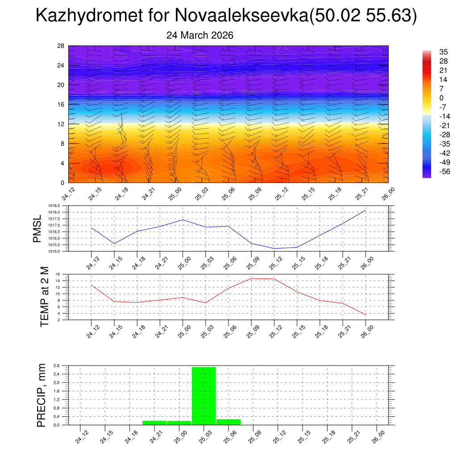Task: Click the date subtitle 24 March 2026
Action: coord(199,35)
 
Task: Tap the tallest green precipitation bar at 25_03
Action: coord(204,395)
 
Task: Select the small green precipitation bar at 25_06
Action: coord(228,422)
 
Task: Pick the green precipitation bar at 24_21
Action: coord(154,422)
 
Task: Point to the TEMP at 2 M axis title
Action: coord(44,297)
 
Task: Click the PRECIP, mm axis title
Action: coord(41,395)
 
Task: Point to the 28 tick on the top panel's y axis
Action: coord(61,46)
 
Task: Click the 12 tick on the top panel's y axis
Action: coord(61,124)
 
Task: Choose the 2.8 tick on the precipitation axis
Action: coord(57,366)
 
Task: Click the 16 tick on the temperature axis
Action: coord(58,274)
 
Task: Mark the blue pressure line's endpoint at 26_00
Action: coord(366,210)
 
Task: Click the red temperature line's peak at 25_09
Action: coord(251,278)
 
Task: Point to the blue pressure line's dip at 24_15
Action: coord(115,244)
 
